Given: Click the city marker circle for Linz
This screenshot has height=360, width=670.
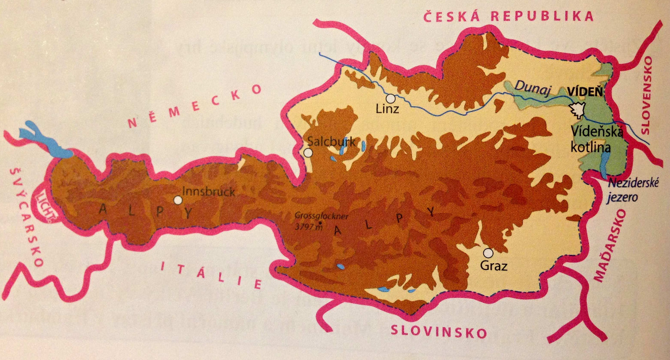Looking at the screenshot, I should point(390,98).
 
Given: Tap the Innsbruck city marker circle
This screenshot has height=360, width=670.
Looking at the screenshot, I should point(178,200).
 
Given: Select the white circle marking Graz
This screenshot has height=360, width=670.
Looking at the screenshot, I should point(488,252).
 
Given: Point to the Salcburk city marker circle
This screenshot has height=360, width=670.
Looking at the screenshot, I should point(308,153).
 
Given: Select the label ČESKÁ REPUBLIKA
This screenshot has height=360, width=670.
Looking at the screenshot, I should point(508,16).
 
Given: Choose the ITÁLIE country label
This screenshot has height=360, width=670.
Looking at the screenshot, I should point(211,274).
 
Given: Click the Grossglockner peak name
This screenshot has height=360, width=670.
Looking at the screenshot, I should point(321,216).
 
